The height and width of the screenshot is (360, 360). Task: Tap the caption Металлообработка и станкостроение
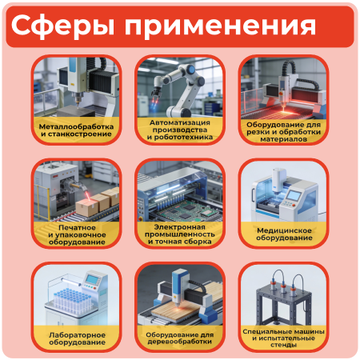[x=77, y=130]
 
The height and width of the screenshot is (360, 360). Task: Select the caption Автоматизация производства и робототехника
[x=180, y=130]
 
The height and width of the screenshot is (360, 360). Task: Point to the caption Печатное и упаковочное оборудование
[x=77, y=234]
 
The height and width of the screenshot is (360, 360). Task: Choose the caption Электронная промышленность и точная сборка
[x=180, y=234]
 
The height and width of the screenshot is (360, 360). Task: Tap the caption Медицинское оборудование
[x=283, y=234]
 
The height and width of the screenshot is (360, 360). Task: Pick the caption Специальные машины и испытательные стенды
[x=283, y=335]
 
